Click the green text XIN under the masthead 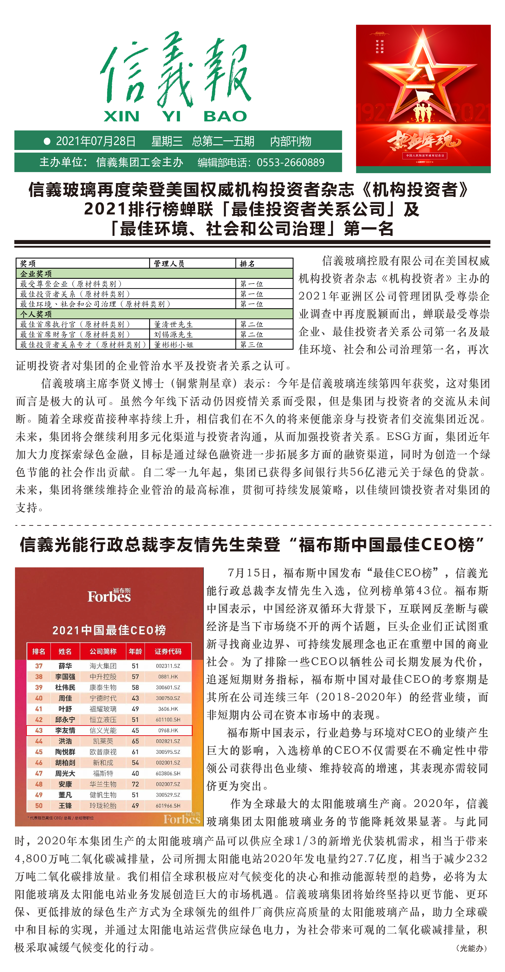121,116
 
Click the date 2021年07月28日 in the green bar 96,141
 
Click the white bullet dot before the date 47,141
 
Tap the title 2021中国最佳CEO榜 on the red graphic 109,630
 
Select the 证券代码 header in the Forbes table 168,651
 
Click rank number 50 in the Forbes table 39,805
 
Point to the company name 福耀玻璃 103,709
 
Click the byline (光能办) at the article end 472,948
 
